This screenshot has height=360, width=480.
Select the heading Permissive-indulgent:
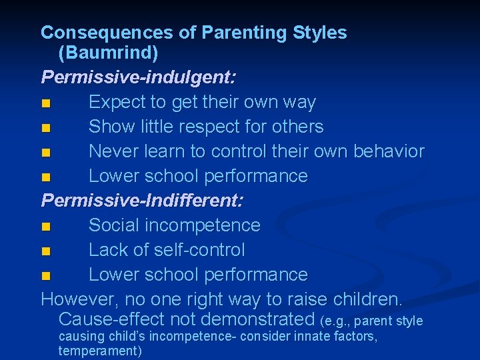coord(138,77)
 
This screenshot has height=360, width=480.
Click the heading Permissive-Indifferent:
coord(142,200)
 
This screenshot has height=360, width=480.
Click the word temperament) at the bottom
coord(100,351)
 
